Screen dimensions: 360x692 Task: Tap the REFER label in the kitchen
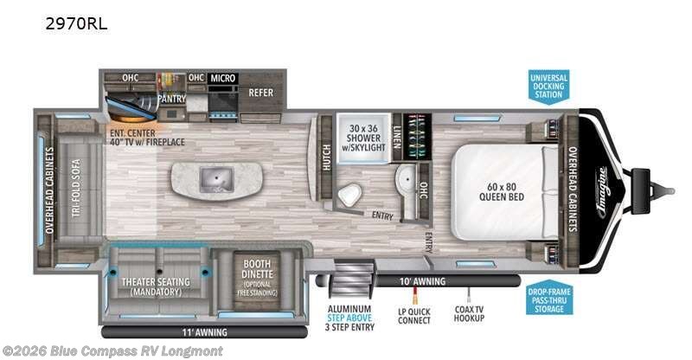260,93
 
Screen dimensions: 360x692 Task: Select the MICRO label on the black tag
222,79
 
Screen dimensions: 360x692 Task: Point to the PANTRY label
172,99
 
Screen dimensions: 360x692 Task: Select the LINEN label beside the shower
397,135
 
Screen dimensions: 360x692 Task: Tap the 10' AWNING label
422,282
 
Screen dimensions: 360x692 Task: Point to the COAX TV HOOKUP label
470,315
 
